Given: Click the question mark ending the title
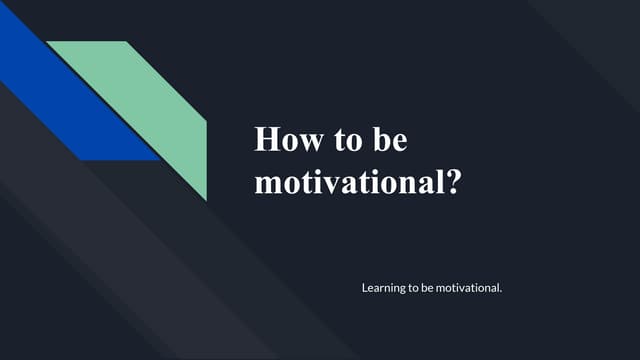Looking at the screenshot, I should click(x=452, y=183).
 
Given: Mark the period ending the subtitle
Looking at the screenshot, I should click(x=499, y=291).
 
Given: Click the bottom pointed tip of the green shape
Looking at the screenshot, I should click(x=206, y=198).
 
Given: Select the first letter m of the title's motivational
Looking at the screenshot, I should click(x=267, y=185).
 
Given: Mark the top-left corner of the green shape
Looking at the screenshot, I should click(x=48, y=42).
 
